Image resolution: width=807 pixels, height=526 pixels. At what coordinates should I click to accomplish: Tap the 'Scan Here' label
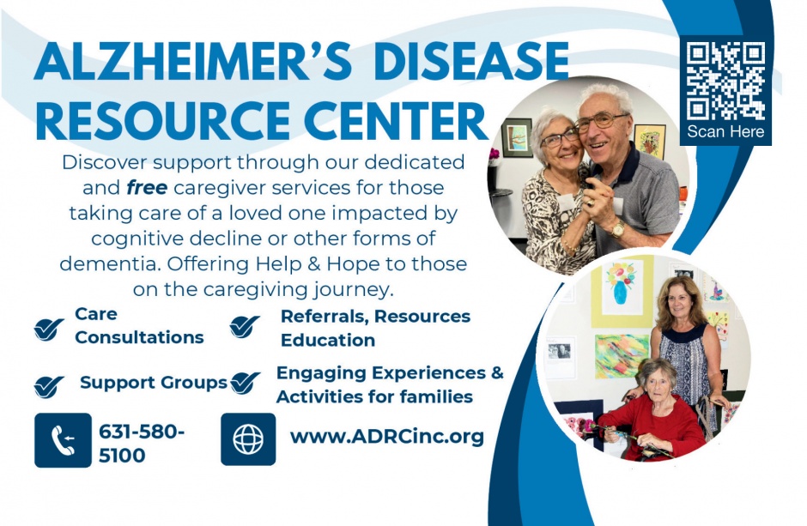point(725,132)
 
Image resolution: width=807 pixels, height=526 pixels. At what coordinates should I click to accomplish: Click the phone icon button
point(63,440)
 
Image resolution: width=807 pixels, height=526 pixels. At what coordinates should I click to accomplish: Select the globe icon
point(248,439)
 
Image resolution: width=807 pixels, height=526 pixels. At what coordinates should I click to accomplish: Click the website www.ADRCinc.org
point(387,436)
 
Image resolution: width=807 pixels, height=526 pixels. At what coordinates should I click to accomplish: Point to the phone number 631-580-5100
point(142,444)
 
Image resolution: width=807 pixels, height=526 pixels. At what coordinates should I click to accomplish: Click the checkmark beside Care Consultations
point(49,328)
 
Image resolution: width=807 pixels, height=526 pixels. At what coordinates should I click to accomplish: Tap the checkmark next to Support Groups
point(49,385)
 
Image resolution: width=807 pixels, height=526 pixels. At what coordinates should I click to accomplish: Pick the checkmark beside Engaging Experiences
point(246,383)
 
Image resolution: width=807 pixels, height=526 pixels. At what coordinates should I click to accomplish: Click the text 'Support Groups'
point(154,383)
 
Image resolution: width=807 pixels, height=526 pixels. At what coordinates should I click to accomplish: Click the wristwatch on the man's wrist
point(617,227)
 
